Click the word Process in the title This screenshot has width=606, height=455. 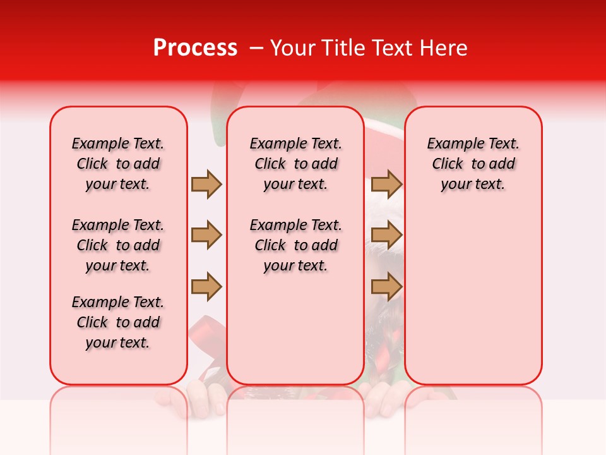pos(194,48)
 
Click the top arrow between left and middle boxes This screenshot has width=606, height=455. pos(206,184)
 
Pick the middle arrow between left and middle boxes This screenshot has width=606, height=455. pos(206,235)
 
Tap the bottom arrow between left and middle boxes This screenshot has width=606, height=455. pos(206,287)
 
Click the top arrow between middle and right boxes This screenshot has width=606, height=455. pos(386,184)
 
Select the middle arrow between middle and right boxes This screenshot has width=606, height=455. pos(386,235)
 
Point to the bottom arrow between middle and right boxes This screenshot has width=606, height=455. pos(386,287)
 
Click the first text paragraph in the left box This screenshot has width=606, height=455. pos(118,164)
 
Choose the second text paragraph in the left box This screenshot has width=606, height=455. pos(118,245)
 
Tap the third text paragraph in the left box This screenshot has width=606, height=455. pos(118,322)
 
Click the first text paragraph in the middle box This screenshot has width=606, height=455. pos(296,164)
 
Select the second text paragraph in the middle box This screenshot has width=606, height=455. pos(296,245)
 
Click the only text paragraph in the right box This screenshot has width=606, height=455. pos(473,164)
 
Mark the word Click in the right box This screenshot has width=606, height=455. pos(448,164)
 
